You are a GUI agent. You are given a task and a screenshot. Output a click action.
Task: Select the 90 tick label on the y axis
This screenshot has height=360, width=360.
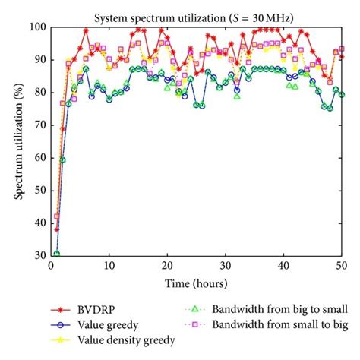(39, 59)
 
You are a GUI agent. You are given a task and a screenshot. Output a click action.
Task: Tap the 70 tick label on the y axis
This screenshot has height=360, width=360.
(39, 125)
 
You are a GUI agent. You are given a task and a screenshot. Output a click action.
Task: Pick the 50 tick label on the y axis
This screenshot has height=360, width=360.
(39, 190)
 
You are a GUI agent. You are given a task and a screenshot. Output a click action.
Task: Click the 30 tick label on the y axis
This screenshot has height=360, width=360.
(39, 255)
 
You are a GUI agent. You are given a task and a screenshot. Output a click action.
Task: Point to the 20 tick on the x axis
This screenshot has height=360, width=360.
(167, 266)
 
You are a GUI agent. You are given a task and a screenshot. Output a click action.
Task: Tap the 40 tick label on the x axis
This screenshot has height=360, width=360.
(283, 266)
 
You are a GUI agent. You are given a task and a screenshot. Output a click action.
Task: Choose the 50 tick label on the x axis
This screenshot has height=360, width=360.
(342, 266)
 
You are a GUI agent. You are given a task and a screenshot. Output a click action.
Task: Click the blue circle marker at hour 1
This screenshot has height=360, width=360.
(57, 254)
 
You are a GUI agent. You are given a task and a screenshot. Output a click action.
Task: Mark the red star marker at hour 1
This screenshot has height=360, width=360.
(57, 229)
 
